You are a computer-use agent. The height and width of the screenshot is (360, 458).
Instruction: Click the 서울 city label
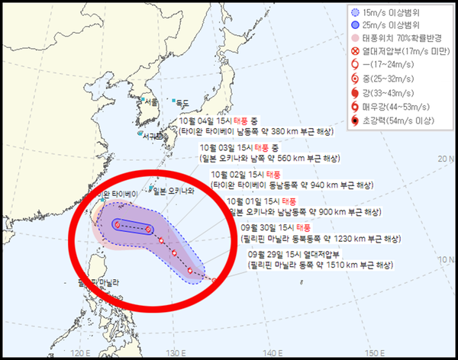pyautogui.click(x=152, y=101)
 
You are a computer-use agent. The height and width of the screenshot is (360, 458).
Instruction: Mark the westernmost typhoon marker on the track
pyautogui.click(x=118, y=224)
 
